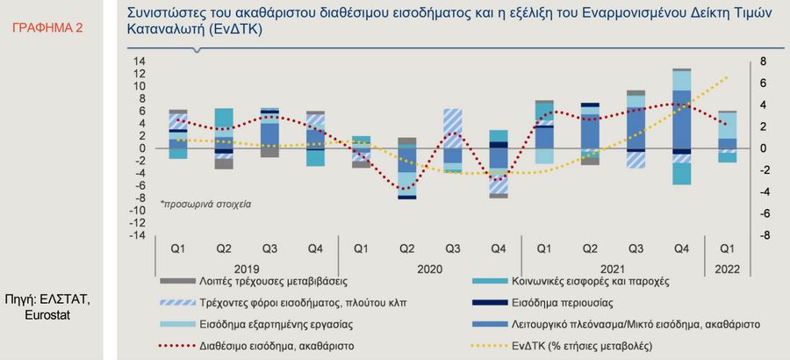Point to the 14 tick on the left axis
pyautogui.click(x=139, y=61)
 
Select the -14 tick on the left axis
pyautogui.click(x=137, y=235)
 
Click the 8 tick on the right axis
pyautogui.click(x=738, y=61)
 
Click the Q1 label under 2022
pyautogui.click(x=728, y=248)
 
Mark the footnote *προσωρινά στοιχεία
pyautogui.click(x=205, y=203)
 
